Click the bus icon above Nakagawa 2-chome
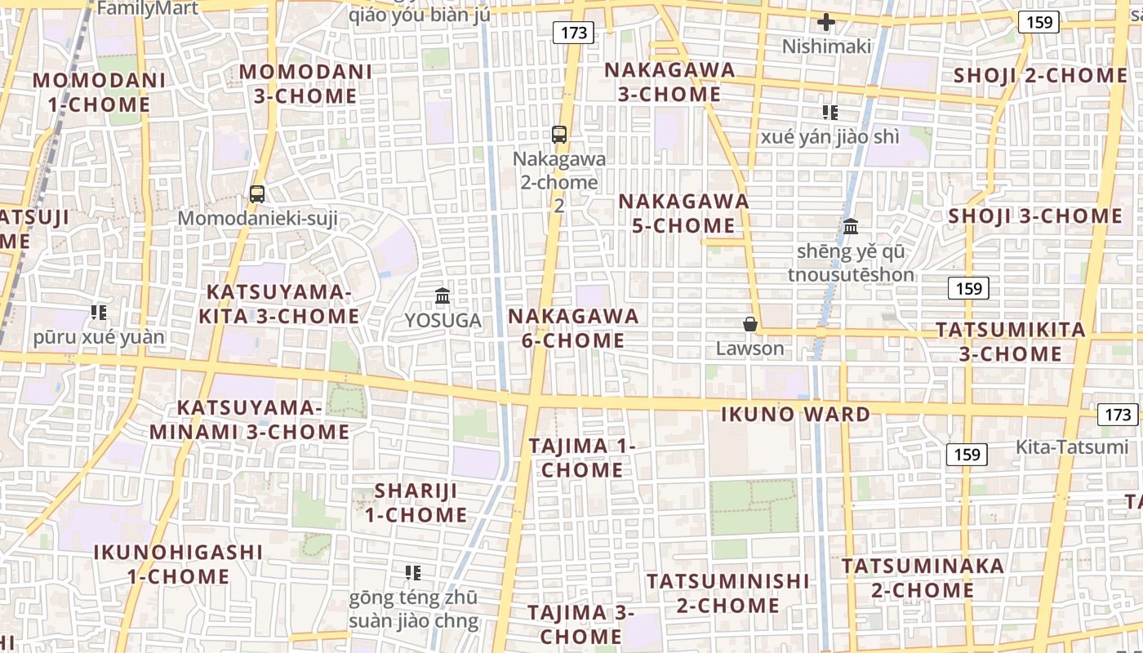coord(559,135)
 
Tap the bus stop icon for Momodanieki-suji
coord(257,194)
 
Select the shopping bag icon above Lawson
coord(749,325)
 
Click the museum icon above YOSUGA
coord(443,295)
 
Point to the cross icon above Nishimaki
coord(826,22)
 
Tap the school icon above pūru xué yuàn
coord(99,313)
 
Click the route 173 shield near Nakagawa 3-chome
coord(573,33)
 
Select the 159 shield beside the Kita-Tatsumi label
coord(967,454)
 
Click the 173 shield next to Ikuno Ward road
coord(1117,414)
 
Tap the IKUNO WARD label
coord(795,414)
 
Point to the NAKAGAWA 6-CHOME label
coord(573,327)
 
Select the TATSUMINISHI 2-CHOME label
coord(727,593)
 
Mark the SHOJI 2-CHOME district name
coord(1040,76)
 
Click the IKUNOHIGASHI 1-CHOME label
coord(178,564)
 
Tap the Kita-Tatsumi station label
coord(1072,446)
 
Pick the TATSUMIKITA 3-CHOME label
coord(1010,341)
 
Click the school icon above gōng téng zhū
coord(413,573)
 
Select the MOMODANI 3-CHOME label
coord(305,83)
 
